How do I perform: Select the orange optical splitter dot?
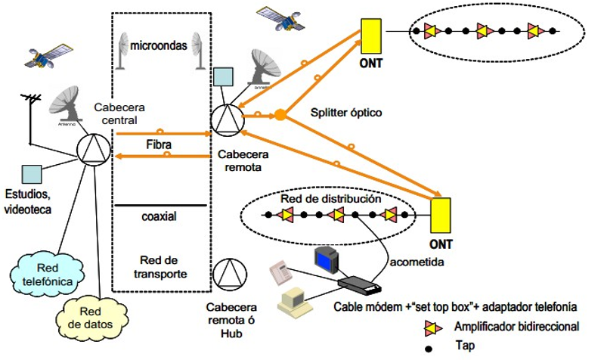[x=280, y=115]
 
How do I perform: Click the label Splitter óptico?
[x=346, y=113]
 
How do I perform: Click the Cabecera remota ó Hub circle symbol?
[x=228, y=275]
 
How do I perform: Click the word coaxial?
[x=159, y=216]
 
